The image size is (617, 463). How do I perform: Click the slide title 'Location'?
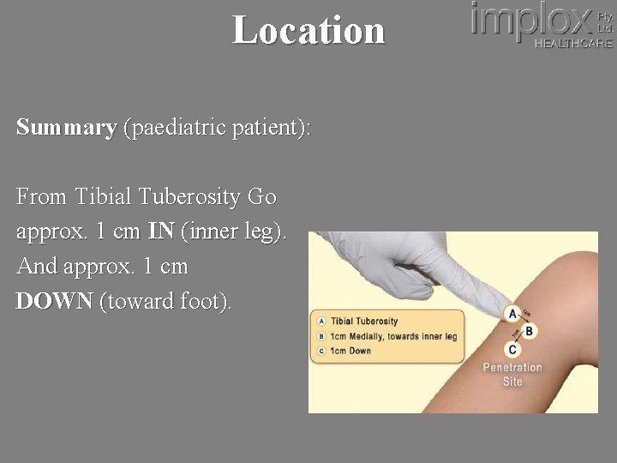point(308,30)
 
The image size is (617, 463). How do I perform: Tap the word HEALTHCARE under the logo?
point(573,44)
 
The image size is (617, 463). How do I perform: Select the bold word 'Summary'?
point(66,128)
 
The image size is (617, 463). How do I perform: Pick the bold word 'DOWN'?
point(54,302)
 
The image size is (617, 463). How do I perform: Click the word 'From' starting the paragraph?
point(41,196)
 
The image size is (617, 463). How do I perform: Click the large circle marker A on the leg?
point(512,313)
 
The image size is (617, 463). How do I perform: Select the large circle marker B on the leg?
point(529,331)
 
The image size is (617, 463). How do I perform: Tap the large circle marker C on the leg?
point(512,349)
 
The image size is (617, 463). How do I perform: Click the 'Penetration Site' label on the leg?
point(512,375)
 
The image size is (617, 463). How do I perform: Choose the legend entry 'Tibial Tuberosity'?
point(364,322)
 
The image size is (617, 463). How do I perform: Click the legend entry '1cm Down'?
point(350,351)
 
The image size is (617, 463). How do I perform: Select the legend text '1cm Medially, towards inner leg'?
point(393,336)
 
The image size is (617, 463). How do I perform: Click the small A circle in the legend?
point(321,322)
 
